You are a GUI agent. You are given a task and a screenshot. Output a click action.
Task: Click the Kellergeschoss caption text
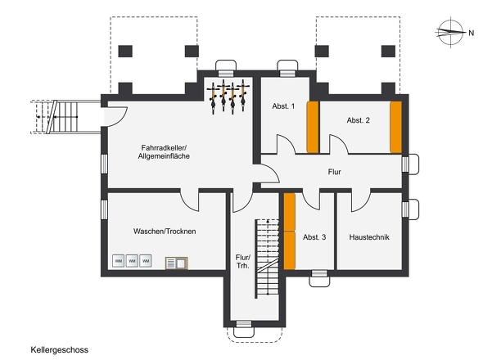click(x=60, y=350)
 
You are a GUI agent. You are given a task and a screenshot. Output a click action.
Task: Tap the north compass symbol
click(x=450, y=32)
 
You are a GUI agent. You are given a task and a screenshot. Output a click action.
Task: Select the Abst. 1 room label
click(x=283, y=106)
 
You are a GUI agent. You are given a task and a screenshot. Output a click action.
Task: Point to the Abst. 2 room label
click(x=359, y=120)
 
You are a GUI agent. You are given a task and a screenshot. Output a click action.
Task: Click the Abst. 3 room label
click(x=314, y=237)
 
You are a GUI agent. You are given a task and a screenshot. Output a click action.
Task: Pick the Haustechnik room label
click(x=369, y=237)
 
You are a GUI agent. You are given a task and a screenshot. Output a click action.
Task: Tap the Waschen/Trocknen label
click(x=165, y=232)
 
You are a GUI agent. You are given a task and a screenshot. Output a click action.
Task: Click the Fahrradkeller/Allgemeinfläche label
click(x=164, y=152)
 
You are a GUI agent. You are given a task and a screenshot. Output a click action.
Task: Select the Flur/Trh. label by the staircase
click(x=243, y=262)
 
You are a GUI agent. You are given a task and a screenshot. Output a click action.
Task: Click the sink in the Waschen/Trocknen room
click(x=177, y=263)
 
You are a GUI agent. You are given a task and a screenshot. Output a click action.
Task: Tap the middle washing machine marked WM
click(x=132, y=261)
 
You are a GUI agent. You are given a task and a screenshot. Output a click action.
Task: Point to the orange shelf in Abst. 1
click(x=313, y=127)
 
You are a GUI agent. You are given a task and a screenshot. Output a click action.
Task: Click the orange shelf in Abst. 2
click(x=396, y=127)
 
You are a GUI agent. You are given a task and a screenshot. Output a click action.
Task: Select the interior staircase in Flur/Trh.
click(x=267, y=259)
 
